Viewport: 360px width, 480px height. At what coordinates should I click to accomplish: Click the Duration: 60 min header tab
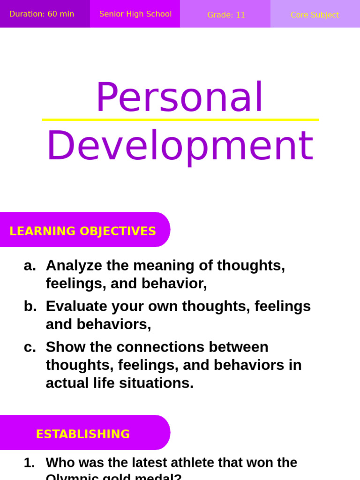click(42, 14)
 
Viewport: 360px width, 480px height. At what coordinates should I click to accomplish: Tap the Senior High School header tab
click(135, 14)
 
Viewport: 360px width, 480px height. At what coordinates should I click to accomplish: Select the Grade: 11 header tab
click(226, 15)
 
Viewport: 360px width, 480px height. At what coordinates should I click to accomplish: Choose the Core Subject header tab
click(315, 15)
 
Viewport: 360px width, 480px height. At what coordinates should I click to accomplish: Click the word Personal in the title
click(180, 97)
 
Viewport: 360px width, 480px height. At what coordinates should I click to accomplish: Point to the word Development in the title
click(180, 146)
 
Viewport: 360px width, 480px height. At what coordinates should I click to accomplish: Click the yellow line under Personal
click(180, 120)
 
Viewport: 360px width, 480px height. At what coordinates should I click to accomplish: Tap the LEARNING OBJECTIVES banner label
click(82, 231)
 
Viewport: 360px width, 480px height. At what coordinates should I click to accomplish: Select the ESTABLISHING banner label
click(83, 434)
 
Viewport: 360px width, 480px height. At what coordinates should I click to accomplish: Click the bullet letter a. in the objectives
click(30, 266)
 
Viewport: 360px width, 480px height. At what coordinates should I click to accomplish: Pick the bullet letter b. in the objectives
click(30, 307)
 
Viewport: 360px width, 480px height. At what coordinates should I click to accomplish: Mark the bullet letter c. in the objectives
click(30, 347)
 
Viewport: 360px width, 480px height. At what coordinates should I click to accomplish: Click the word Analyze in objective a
click(74, 266)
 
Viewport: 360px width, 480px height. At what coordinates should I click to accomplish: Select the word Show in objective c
click(63, 347)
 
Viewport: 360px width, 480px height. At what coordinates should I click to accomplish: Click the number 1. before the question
click(29, 463)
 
